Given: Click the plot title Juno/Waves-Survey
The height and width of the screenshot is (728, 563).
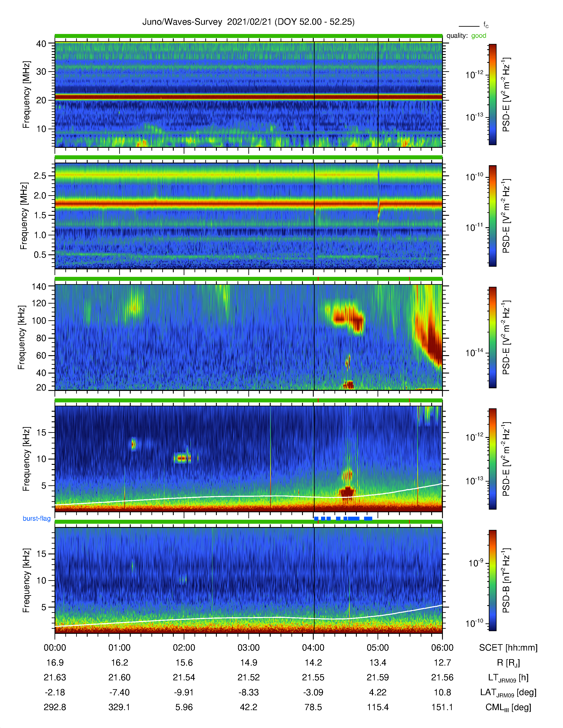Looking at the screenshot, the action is coord(182,22).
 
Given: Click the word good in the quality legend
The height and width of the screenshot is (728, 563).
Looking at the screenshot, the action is coord(479,36).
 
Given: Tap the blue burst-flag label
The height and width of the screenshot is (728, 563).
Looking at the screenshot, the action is coord(37,518).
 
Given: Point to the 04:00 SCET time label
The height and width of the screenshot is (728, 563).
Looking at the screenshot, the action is coord(313,648).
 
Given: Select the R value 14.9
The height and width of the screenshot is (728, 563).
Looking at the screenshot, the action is coord(248,663).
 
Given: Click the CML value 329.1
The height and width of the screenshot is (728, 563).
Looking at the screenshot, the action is coord(119,707).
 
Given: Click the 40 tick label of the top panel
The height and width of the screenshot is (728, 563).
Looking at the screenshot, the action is coord(41,44).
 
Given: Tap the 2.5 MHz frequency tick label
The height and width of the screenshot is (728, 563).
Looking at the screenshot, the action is coord(40,176).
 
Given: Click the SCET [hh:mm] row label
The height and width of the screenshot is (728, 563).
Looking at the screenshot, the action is coord(508,648).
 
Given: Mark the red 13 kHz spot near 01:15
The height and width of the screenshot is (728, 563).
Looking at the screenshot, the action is coord(133,444).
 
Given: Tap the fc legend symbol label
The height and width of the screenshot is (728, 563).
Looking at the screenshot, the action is coord(486,25).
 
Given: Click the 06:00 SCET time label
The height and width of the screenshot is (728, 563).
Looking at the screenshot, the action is coord(442,648).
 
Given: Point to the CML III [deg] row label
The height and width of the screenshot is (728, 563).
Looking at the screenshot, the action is coord(508,707).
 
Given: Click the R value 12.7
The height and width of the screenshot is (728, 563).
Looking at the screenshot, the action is coord(442,663).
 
